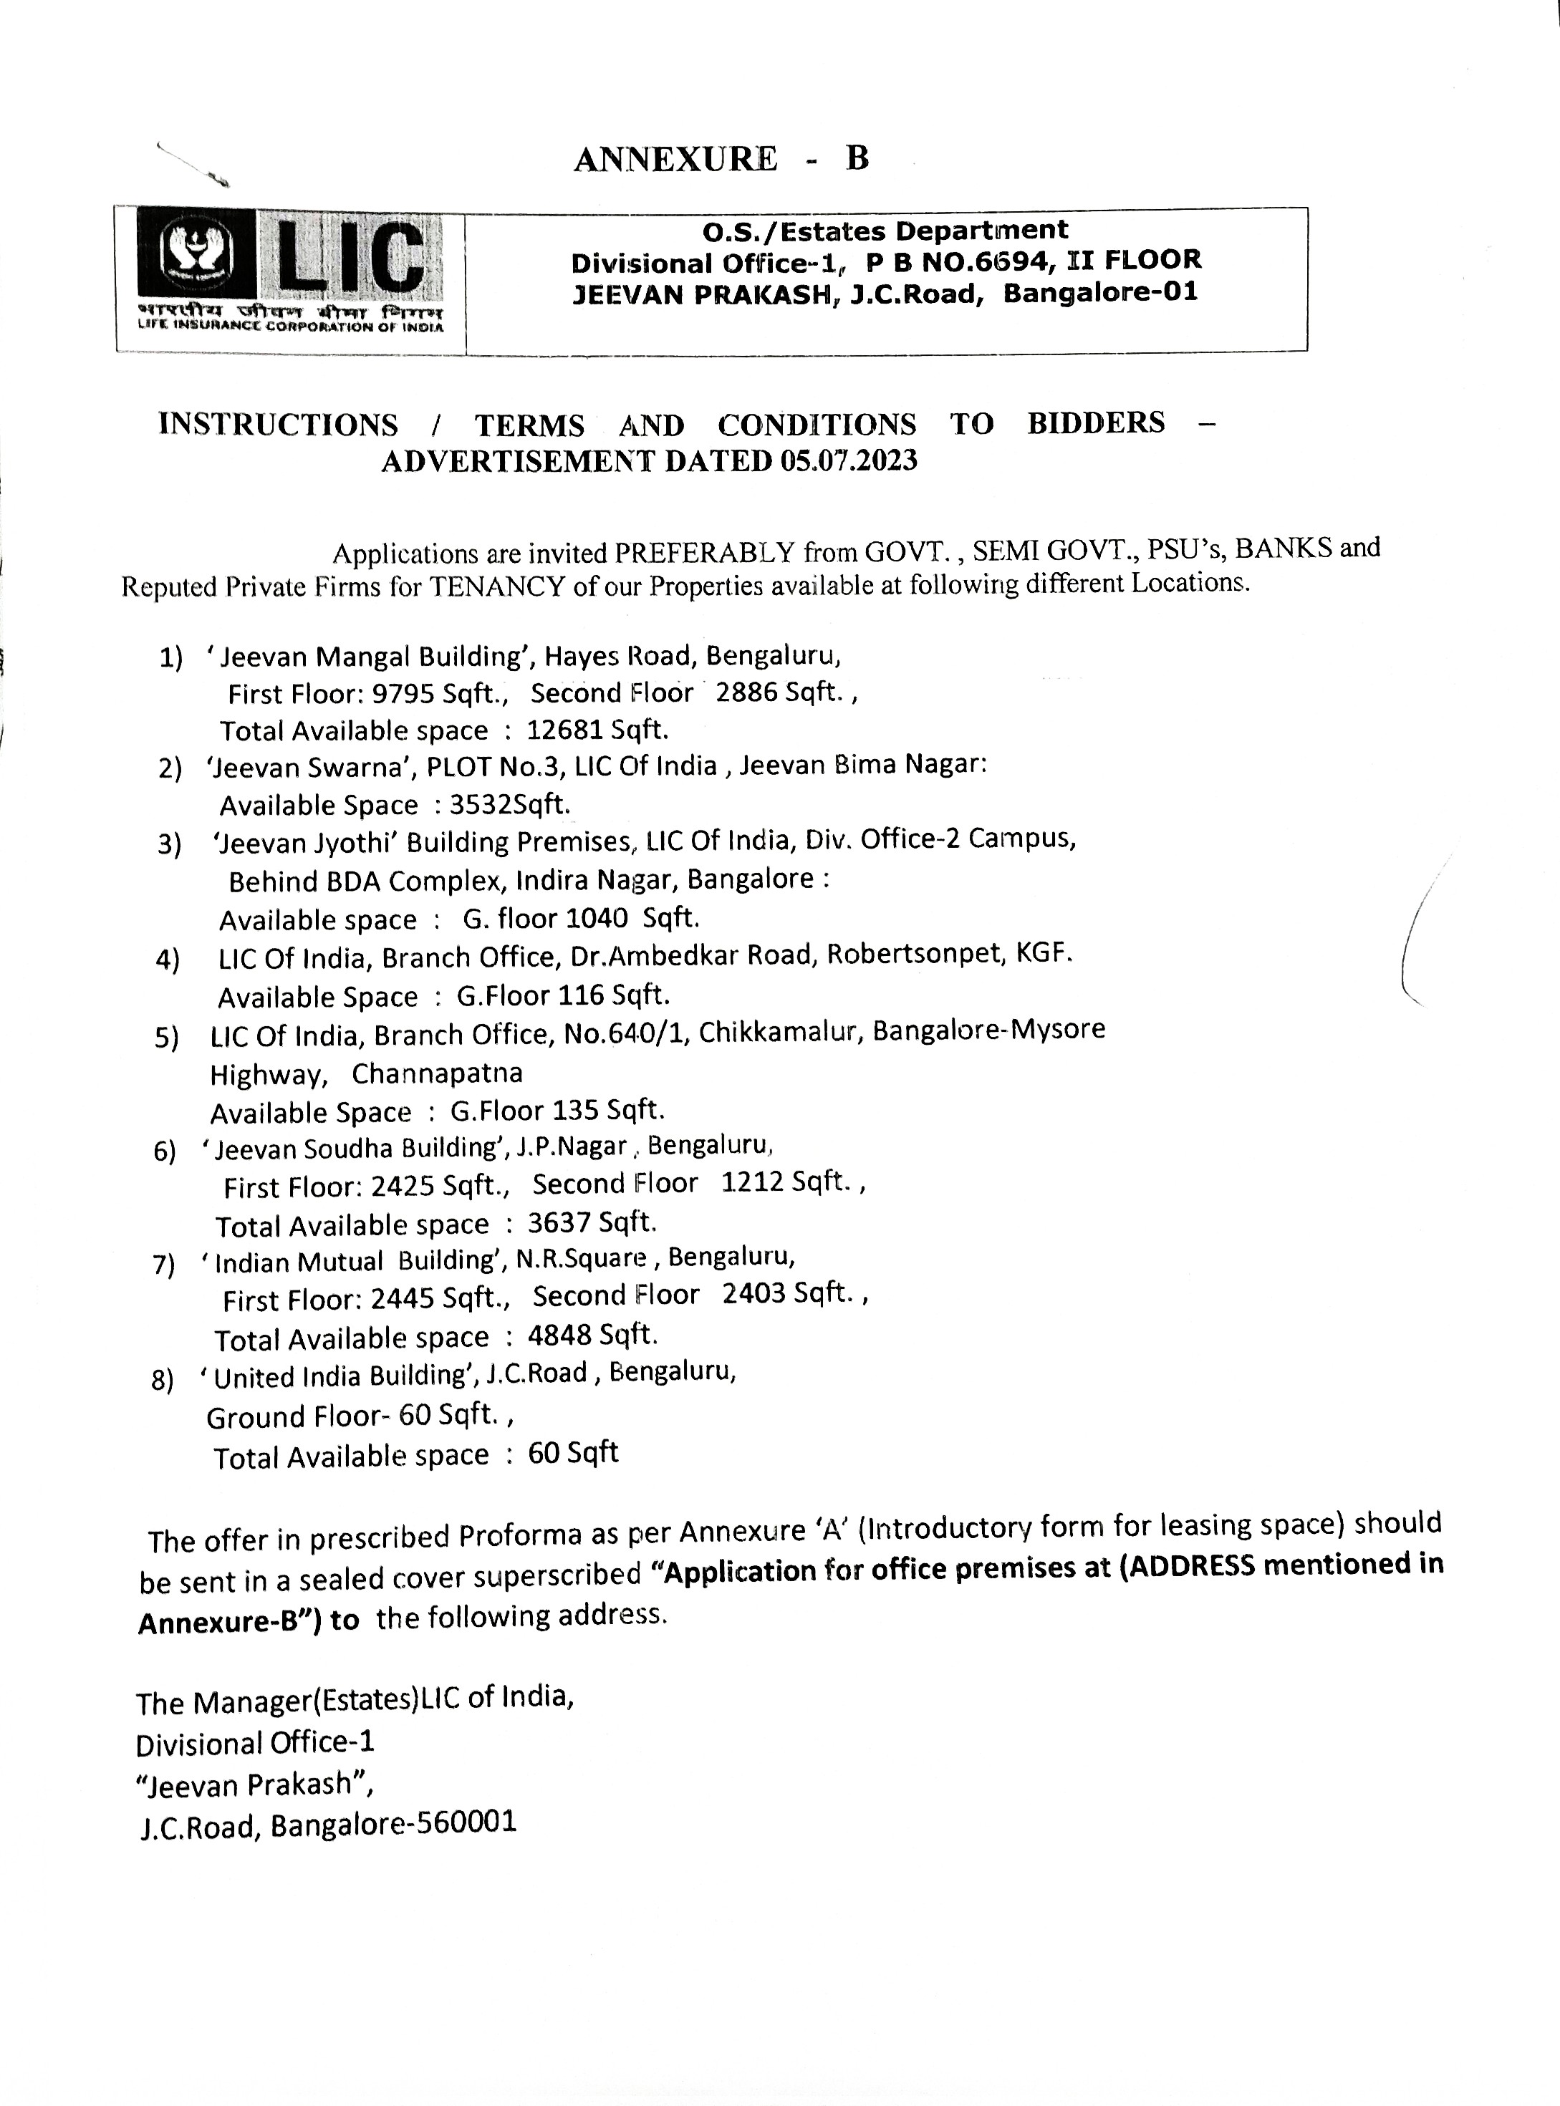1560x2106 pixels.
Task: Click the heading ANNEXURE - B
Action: click(721, 158)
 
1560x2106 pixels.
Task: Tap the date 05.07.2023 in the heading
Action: click(849, 460)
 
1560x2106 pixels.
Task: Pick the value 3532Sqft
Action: click(510, 804)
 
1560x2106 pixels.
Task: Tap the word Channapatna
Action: click(436, 1073)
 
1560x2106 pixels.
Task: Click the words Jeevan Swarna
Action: click(312, 766)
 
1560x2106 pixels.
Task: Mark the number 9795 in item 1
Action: click(403, 694)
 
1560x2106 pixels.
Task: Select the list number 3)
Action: click(169, 844)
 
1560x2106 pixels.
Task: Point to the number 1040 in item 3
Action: click(597, 917)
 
